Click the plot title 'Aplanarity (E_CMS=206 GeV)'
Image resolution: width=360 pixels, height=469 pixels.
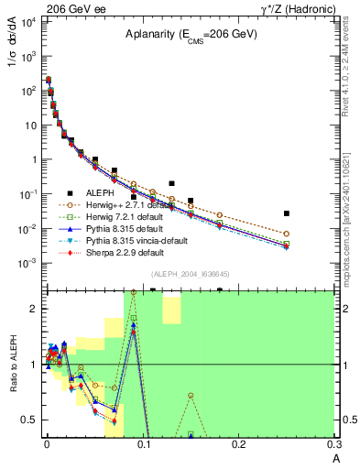pyautogui.click(x=191, y=35)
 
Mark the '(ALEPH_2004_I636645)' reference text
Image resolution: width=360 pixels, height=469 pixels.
pyautogui.click(x=191, y=276)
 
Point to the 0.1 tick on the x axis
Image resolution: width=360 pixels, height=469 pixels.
pyautogui.click(x=142, y=446)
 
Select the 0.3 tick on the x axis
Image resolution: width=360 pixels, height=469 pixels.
pyautogui.click(x=334, y=446)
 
